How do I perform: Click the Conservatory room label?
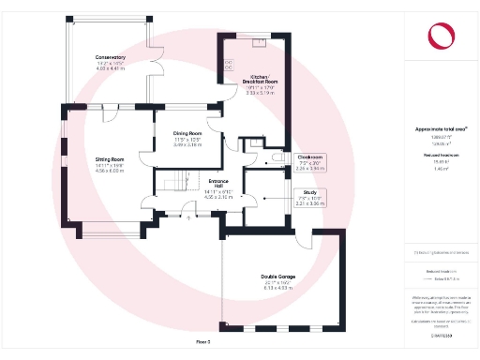(x=110, y=58)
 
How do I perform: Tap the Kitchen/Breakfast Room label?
(x=259, y=79)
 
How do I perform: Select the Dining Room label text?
(x=188, y=134)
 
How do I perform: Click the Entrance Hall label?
(x=217, y=181)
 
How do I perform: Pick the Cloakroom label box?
(x=310, y=157)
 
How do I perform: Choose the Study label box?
(x=309, y=192)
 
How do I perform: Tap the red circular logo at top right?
(x=440, y=36)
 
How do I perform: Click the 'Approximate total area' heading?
(x=440, y=128)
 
